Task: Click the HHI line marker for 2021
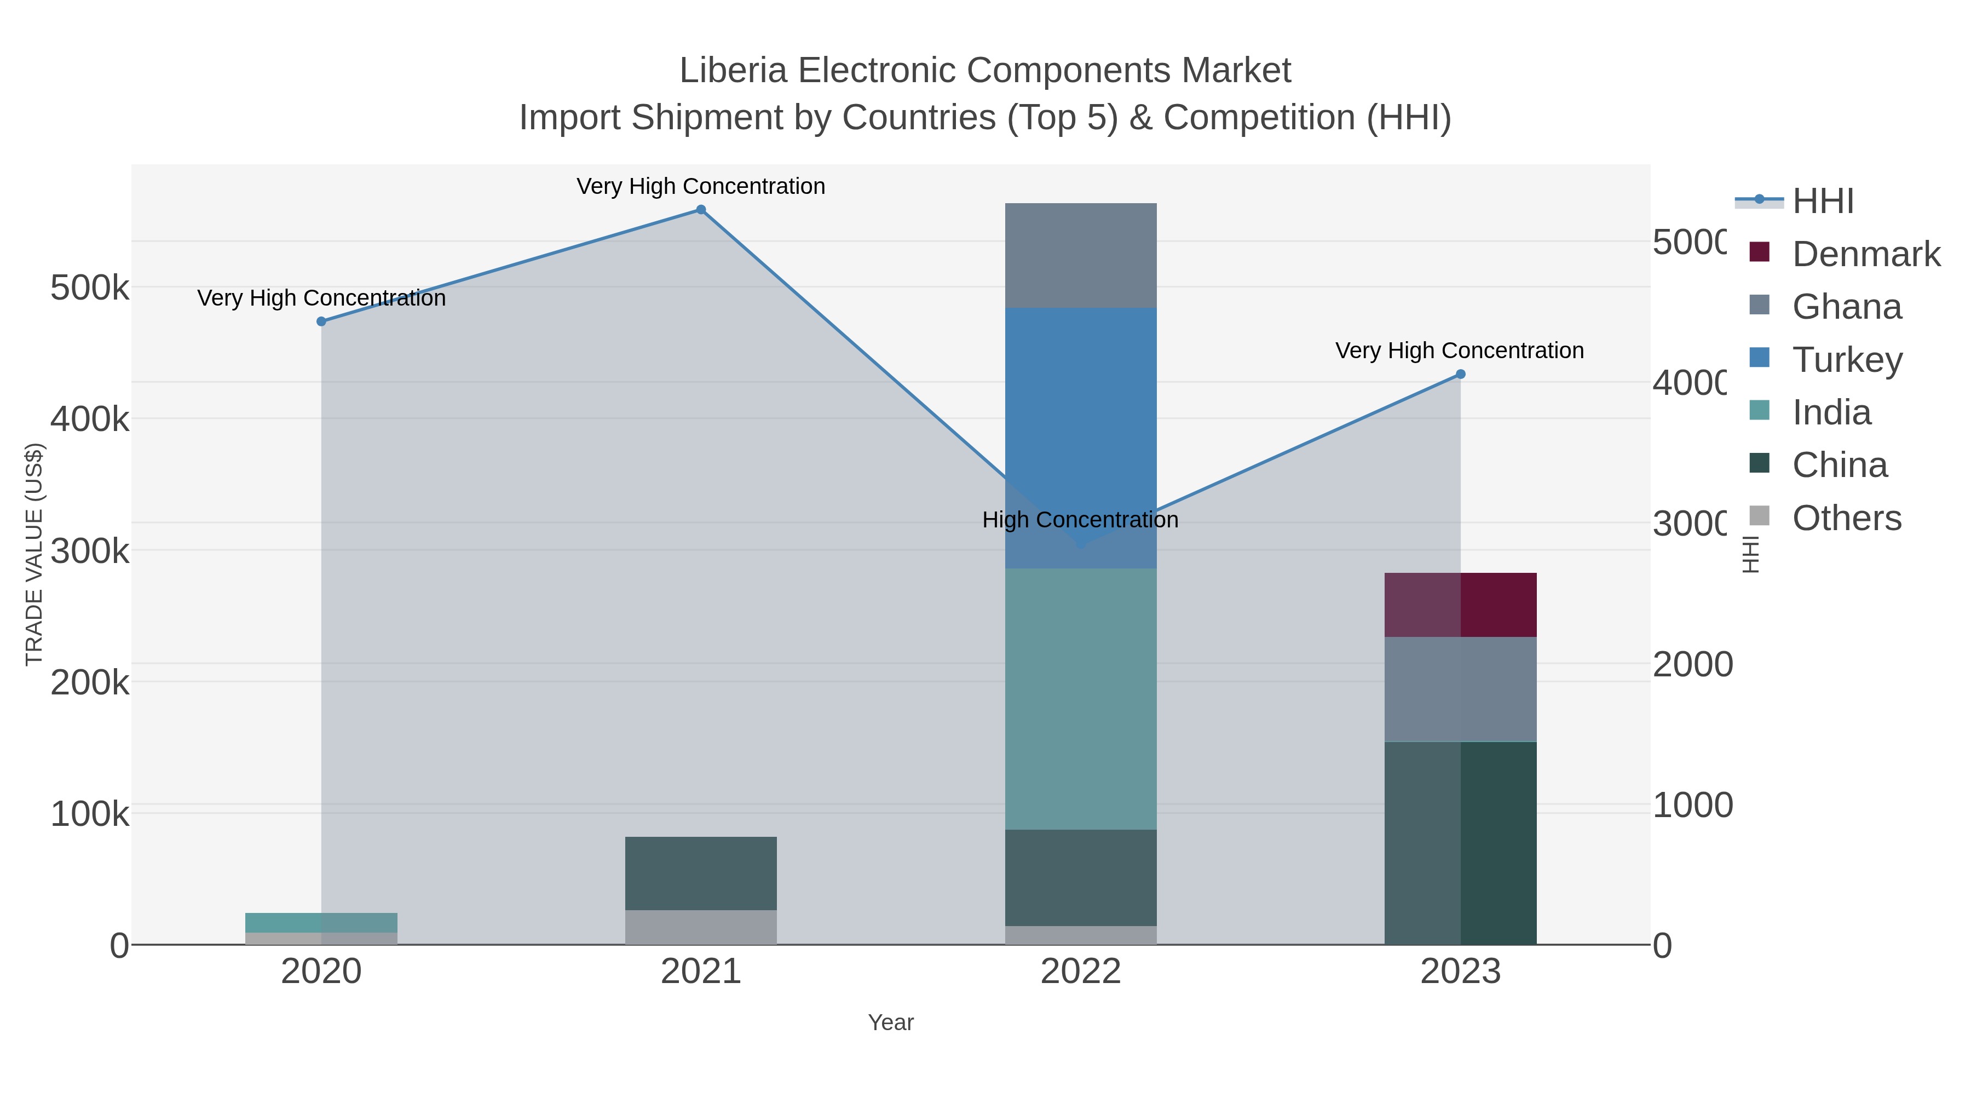[x=700, y=210]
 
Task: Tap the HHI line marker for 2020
[x=321, y=321]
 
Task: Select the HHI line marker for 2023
[x=1460, y=374]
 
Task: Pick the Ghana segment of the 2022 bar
[x=1080, y=256]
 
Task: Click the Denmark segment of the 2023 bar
[x=1460, y=605]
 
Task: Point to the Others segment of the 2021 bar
[x=700, y=927]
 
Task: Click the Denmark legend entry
[x=1865, y=254]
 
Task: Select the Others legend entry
[x=1846, y=518]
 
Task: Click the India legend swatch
[x=1759, y=410]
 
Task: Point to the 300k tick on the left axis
[x=90, y=551]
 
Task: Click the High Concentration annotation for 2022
[x=1080, y=520]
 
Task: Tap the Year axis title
[x=891, y=1022]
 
